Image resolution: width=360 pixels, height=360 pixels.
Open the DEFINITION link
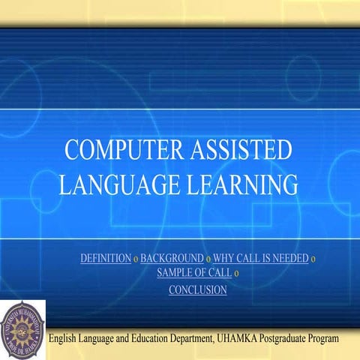[x=105, y=259]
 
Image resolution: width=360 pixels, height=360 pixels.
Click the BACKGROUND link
[x=172, y=259]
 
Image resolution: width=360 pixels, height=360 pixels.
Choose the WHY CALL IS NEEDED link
[x=260, y=259]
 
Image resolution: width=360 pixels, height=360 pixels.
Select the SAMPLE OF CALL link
[x=193, y=272]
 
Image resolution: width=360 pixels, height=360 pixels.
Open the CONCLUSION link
[x=197, y=289]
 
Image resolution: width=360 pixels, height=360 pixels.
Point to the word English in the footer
[x=66, y=340]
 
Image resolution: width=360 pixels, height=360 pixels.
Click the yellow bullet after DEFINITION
[x=136, y=259]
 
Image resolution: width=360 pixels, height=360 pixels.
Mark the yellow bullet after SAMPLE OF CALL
[x=236, y=273]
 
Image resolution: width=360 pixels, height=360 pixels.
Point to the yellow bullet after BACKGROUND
[x=208, y=259]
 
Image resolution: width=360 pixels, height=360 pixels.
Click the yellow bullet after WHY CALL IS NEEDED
[x=313, y=259]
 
